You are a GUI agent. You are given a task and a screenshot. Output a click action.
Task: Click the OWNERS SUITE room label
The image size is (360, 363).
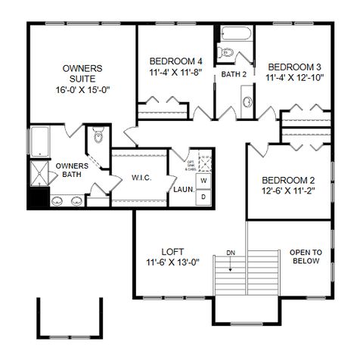pos(82,73)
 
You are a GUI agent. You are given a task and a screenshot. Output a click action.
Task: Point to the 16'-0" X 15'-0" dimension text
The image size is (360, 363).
pos(82,89)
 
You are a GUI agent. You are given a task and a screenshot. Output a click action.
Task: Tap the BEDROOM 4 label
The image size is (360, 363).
pos(175,61)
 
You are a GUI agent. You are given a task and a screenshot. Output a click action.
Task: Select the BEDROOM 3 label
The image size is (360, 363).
pos(295,66)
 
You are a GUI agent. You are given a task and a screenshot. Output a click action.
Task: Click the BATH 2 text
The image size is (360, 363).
pos(234,74)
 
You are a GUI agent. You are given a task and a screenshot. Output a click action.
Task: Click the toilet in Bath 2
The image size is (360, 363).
pos(225,52)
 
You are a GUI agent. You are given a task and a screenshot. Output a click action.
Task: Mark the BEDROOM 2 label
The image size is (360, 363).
pos(288,180)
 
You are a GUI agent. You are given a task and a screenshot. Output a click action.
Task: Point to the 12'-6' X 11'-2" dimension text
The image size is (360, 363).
pos(288,192)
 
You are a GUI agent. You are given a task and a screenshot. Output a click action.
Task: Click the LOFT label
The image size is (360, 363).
pos(172,252)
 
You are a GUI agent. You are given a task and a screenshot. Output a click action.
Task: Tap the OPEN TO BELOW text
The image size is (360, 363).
pos(306,256)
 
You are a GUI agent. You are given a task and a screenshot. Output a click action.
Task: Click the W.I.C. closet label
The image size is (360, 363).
pos(144,178)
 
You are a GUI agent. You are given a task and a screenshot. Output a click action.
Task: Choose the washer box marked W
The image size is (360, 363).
pos(203,182)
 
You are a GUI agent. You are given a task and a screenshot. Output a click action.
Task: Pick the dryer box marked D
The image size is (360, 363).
pos(203,197)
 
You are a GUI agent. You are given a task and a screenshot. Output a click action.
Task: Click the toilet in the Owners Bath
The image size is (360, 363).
pos(96,137)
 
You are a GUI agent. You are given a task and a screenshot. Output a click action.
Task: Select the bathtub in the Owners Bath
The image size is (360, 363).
pos(39,142)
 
